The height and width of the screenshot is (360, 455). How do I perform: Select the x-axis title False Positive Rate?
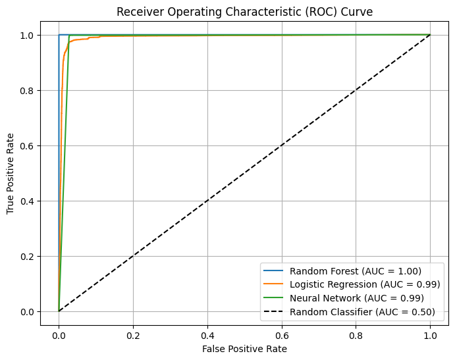(244, 348)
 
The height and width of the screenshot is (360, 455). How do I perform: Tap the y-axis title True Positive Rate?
(11, 172)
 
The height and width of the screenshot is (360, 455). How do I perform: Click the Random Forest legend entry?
(356, 270)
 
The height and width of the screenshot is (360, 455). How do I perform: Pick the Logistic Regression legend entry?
(365, 284)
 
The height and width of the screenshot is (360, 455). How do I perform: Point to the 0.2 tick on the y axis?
(28, 256)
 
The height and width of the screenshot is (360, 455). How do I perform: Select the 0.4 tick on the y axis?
(28, 201)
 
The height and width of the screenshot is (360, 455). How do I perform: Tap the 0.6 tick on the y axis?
(28, 145)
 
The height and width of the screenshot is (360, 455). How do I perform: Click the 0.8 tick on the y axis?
(28, 90)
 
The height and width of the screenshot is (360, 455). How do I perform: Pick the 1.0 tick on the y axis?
(28, 35)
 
